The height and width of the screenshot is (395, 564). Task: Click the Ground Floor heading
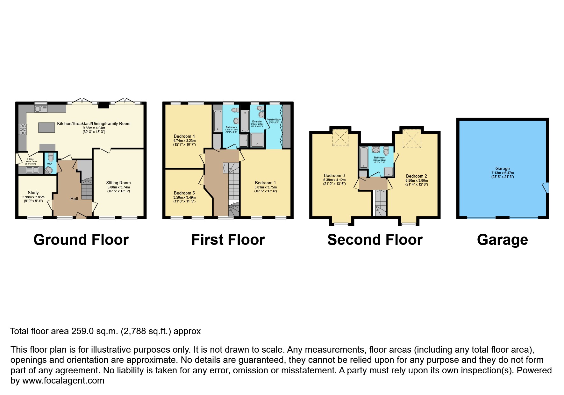81,240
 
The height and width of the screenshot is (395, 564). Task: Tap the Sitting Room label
118,183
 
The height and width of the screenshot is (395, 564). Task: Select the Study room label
33,193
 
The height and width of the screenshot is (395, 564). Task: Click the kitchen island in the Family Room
47,127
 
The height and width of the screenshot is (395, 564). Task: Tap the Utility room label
31,159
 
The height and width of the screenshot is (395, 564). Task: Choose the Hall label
74,199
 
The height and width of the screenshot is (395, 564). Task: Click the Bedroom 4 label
184,136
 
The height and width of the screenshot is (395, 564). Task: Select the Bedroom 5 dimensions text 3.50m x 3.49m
184,197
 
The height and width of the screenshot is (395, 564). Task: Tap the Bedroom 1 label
266,183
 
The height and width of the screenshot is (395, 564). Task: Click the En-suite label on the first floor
257,121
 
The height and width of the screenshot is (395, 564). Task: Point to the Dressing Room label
274,119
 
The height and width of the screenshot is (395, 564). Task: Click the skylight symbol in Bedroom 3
340,138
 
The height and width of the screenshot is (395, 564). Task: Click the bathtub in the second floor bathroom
363,157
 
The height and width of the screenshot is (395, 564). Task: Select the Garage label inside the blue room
503,168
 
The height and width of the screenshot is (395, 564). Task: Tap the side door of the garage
546,187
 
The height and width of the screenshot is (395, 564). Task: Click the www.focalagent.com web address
63,381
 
